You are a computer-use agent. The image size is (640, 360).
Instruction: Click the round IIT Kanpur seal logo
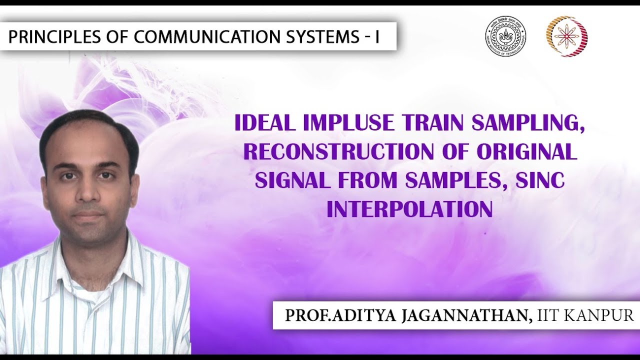coord(505,35)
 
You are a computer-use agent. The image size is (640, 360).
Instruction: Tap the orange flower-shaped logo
coord(566,35)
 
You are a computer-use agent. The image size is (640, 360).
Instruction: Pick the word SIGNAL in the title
coord(290,181)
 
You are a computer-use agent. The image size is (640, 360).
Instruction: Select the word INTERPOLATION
coord(409,209)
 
